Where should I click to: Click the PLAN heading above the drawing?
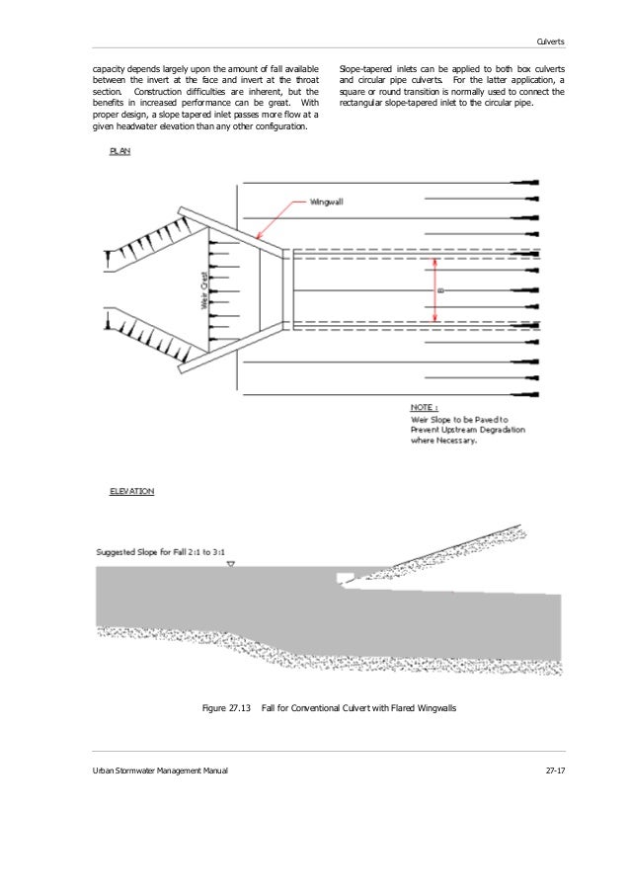[x=119, y=152]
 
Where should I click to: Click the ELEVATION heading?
[x=130, y=490]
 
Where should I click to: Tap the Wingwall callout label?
[x=327, y=201]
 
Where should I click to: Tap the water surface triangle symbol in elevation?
[x=230, y=564]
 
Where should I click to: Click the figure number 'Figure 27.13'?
[x=226, y=708]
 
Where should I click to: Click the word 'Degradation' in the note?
[x=503, y=430]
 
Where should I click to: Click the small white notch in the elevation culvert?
[x=345, y=578]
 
